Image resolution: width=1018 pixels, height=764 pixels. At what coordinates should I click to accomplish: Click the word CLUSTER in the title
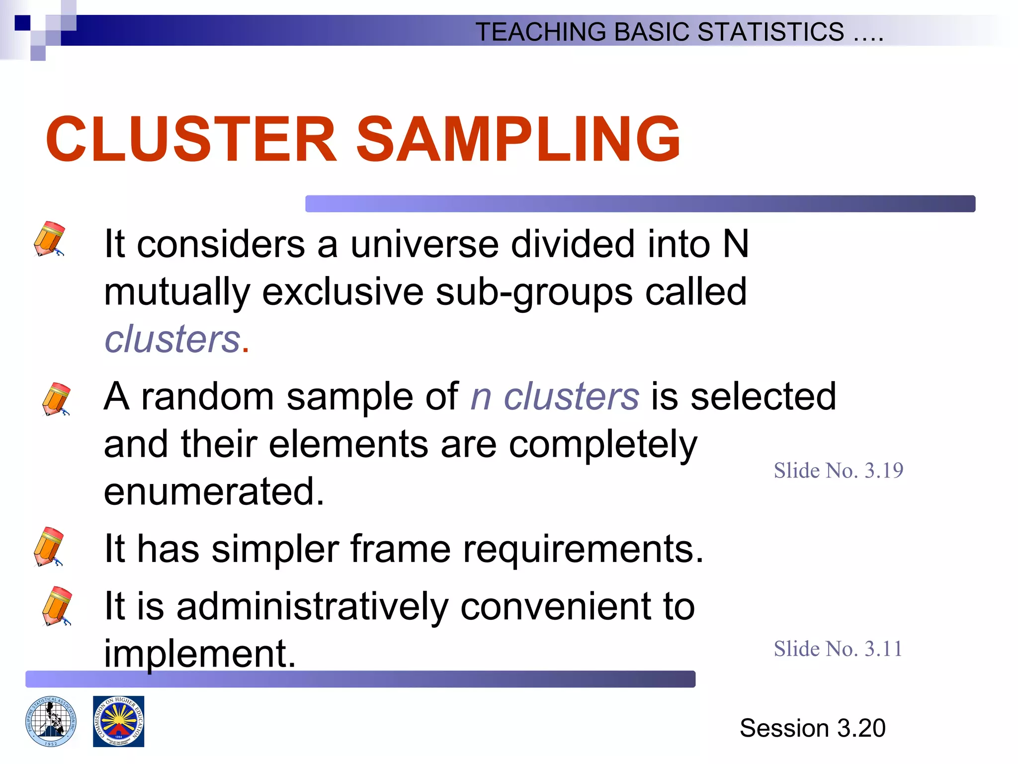tap(191, 139)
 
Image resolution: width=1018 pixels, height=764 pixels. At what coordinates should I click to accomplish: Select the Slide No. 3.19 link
tap(838, 471)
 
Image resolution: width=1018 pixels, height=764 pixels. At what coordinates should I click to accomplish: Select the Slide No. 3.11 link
tap(838, 649)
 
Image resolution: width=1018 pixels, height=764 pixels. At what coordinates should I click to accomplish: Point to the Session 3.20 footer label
tap(812, 728)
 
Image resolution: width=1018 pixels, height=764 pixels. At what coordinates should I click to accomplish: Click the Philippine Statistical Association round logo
tap(51, 721)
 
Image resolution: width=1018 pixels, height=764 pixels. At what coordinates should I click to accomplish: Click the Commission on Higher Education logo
tap(119, 721)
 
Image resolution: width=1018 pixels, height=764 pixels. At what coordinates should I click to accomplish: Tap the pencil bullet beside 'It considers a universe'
tap(49, 239)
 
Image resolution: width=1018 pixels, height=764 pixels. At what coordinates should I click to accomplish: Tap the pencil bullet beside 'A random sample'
tap(56, 399)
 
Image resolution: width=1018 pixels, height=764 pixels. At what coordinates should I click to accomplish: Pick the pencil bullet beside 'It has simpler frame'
tap(49, 547)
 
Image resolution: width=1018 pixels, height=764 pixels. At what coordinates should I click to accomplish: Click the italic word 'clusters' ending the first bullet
tap(172, 339)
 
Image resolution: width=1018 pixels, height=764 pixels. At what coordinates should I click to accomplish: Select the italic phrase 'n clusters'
tap(554, 397)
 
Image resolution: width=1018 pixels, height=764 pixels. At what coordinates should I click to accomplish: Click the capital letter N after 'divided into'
tap(736, 244)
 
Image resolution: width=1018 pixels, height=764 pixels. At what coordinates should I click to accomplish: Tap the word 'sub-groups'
tap(534, 292)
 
